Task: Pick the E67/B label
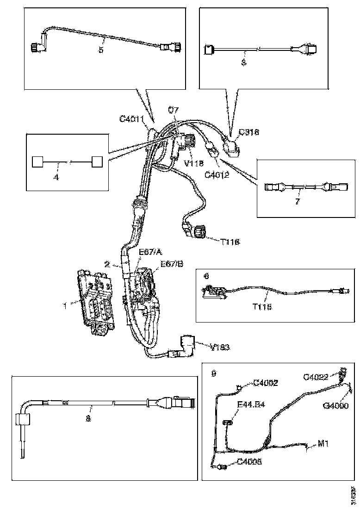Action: (171, 265)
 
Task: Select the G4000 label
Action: (335, 406)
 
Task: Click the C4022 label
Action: (316, 377)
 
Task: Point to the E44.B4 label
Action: (251, 405)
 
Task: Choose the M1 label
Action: (323, 444)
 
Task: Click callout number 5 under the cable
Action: (101, 50)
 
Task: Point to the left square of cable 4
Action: (37, 161)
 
